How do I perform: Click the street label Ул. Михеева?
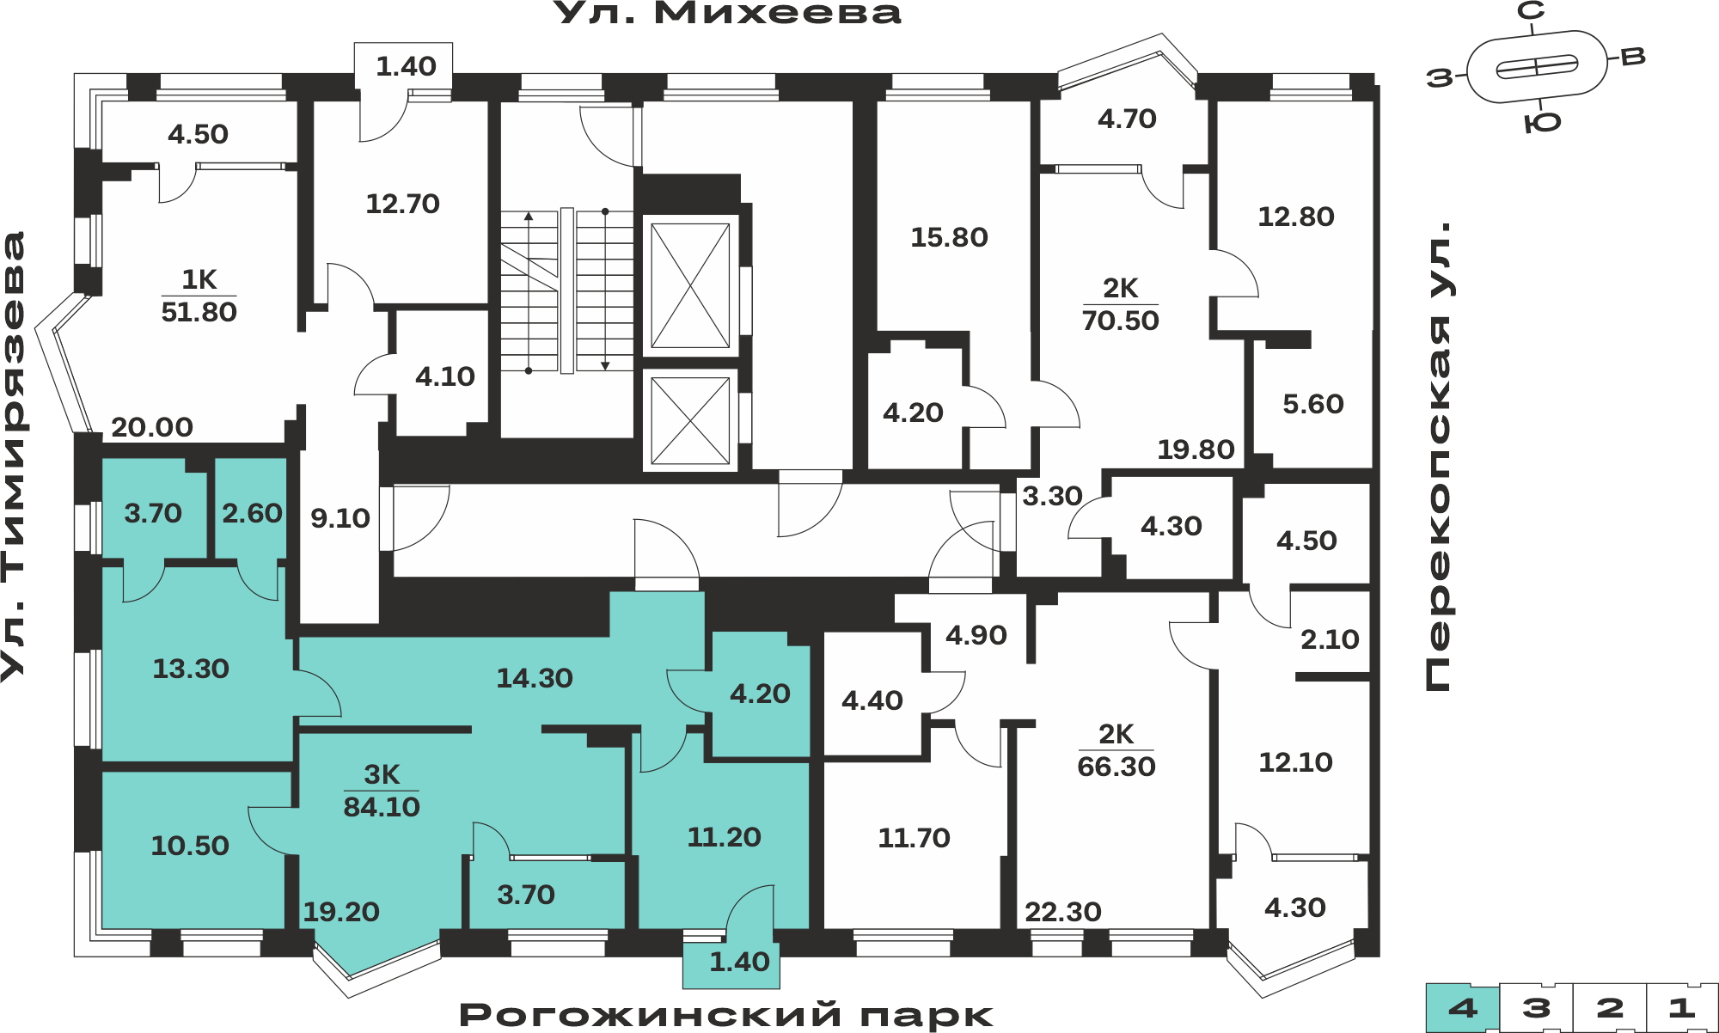[727, 13]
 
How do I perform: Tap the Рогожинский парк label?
[726, 1015]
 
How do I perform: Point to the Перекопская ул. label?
[1438, 456]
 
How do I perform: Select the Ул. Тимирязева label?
[14, 456]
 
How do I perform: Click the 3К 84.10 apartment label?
[382, 791]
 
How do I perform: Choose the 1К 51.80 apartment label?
[199, 296]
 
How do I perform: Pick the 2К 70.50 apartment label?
[1120, 304]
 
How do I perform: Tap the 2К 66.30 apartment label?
[1116, 750]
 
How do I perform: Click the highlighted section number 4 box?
[1463, 1008]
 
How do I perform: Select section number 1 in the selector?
[1682, 1008]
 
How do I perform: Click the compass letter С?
[1531, 10]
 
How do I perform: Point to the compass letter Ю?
[1543, 123]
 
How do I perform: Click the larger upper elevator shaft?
[690, 285]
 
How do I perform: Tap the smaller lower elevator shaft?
[690, 420]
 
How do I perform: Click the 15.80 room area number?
[949, 237]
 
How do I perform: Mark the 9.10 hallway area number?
[340, 518]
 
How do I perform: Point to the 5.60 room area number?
[1313, 404]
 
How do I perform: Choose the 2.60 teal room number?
[252, 513]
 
